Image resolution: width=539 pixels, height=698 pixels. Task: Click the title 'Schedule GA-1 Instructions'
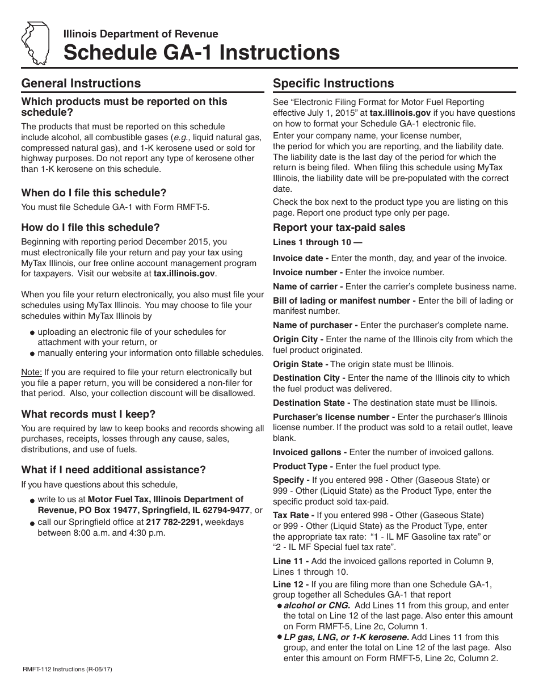(x=201, y=53)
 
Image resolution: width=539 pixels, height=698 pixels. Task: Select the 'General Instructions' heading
(x=81, y=83)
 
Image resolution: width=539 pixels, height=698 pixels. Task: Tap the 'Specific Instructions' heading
(x=333, y=83)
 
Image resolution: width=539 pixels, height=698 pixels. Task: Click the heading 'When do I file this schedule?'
(x=94, y=193)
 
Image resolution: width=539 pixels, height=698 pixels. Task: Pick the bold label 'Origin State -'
(x=300, y=364)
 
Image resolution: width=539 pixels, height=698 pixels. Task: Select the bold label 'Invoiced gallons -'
(x=310, y=452)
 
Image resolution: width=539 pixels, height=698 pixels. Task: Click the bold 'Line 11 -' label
(x=290, y=561)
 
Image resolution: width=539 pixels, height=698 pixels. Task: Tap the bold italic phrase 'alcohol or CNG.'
(x=316, y=606)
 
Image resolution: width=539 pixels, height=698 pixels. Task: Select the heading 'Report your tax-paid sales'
(x=339, y=228)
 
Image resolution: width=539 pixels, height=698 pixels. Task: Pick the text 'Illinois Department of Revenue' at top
(x=140, y=34)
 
